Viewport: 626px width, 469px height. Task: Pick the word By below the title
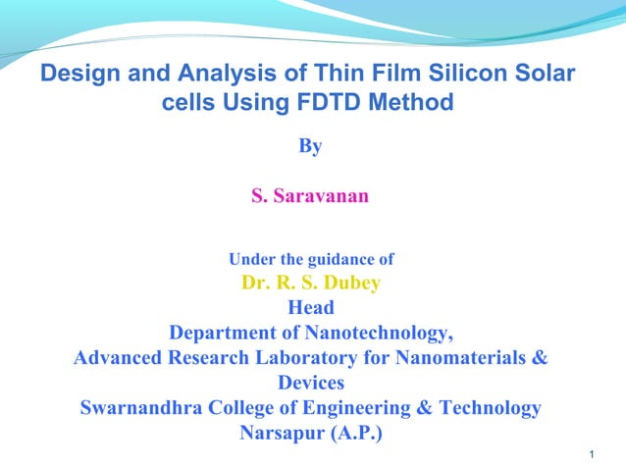pos(310,147)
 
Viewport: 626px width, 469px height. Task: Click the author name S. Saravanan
pos(310,197)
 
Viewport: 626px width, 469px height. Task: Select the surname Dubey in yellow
pos(347,284)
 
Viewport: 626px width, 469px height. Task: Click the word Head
pos(310,308)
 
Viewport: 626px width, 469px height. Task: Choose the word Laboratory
pos(319,357)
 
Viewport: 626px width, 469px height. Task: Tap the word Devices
pos(310,383)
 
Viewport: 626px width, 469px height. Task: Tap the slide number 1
pos(597,453)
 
